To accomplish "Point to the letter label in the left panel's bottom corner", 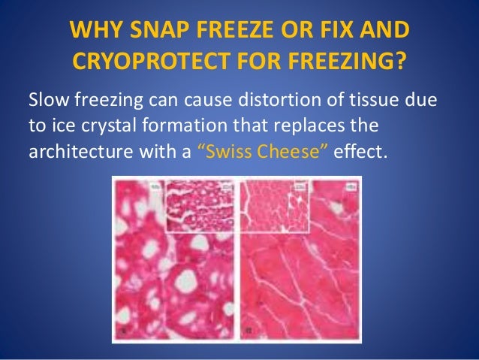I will tap(122, 330).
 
